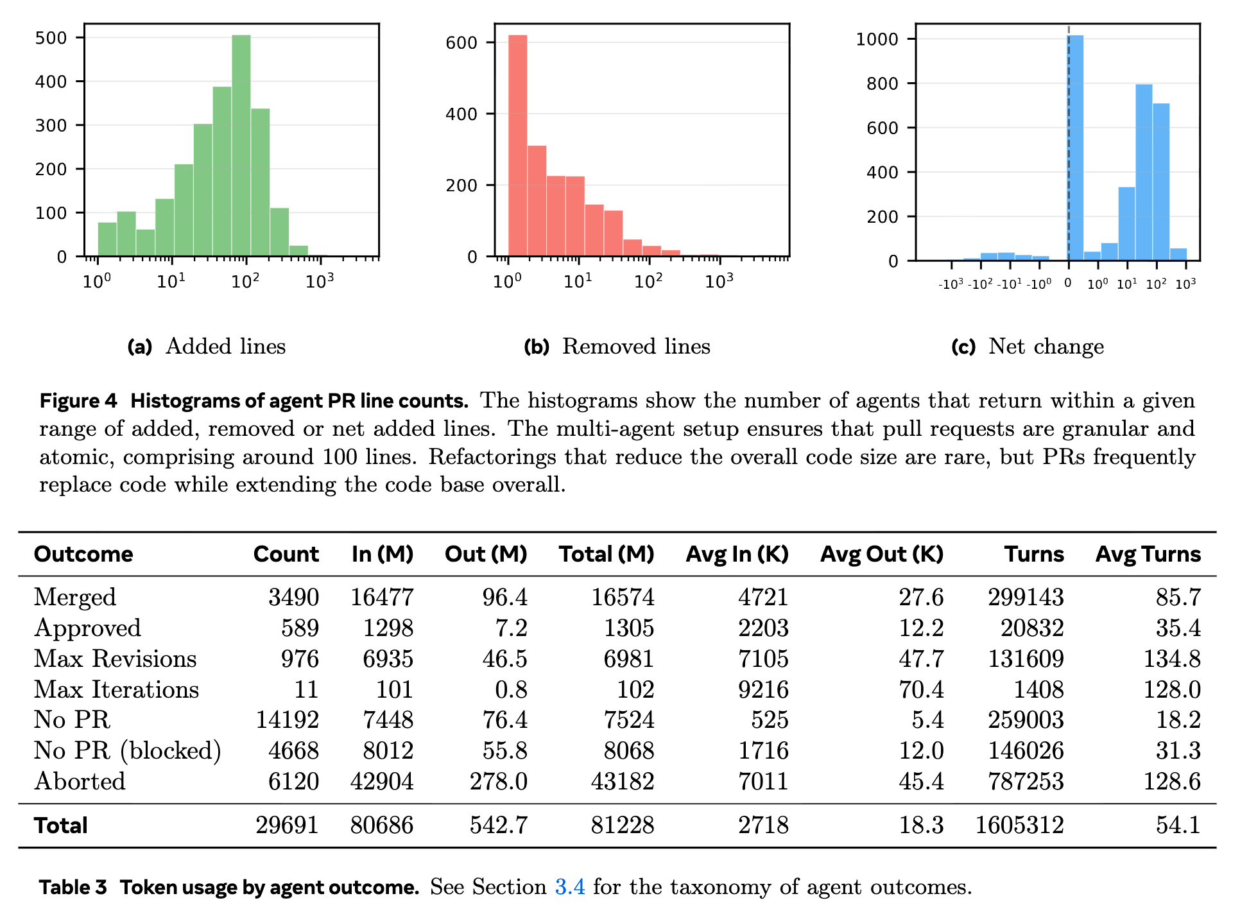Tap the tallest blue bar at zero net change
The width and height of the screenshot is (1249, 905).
coord(1076,148)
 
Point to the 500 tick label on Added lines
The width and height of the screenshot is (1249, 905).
coord(51,38)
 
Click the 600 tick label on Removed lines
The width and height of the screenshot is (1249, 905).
coord(461,43)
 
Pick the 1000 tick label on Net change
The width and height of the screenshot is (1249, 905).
coord(877,39)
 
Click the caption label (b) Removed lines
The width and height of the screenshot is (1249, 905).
coord(617,347)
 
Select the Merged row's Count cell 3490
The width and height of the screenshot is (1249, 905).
coord(293,597)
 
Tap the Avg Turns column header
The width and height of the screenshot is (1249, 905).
coord(1148,554)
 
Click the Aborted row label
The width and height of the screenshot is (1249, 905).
coord(80,781)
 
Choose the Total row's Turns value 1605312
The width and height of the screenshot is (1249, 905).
coord(1019,825)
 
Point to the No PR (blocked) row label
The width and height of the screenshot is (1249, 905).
coord(127,750)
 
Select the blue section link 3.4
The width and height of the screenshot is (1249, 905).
coord(570,887)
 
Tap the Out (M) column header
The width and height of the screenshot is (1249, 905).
coord(486,554)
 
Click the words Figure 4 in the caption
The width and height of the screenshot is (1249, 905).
coord(78,401)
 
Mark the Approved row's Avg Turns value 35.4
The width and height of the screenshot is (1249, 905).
coord(1178,628)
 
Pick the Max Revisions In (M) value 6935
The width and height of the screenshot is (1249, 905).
coord(388,659)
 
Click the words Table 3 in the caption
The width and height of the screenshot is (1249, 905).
coord(73,887)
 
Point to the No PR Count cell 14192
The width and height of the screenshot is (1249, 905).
coord(287,720)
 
